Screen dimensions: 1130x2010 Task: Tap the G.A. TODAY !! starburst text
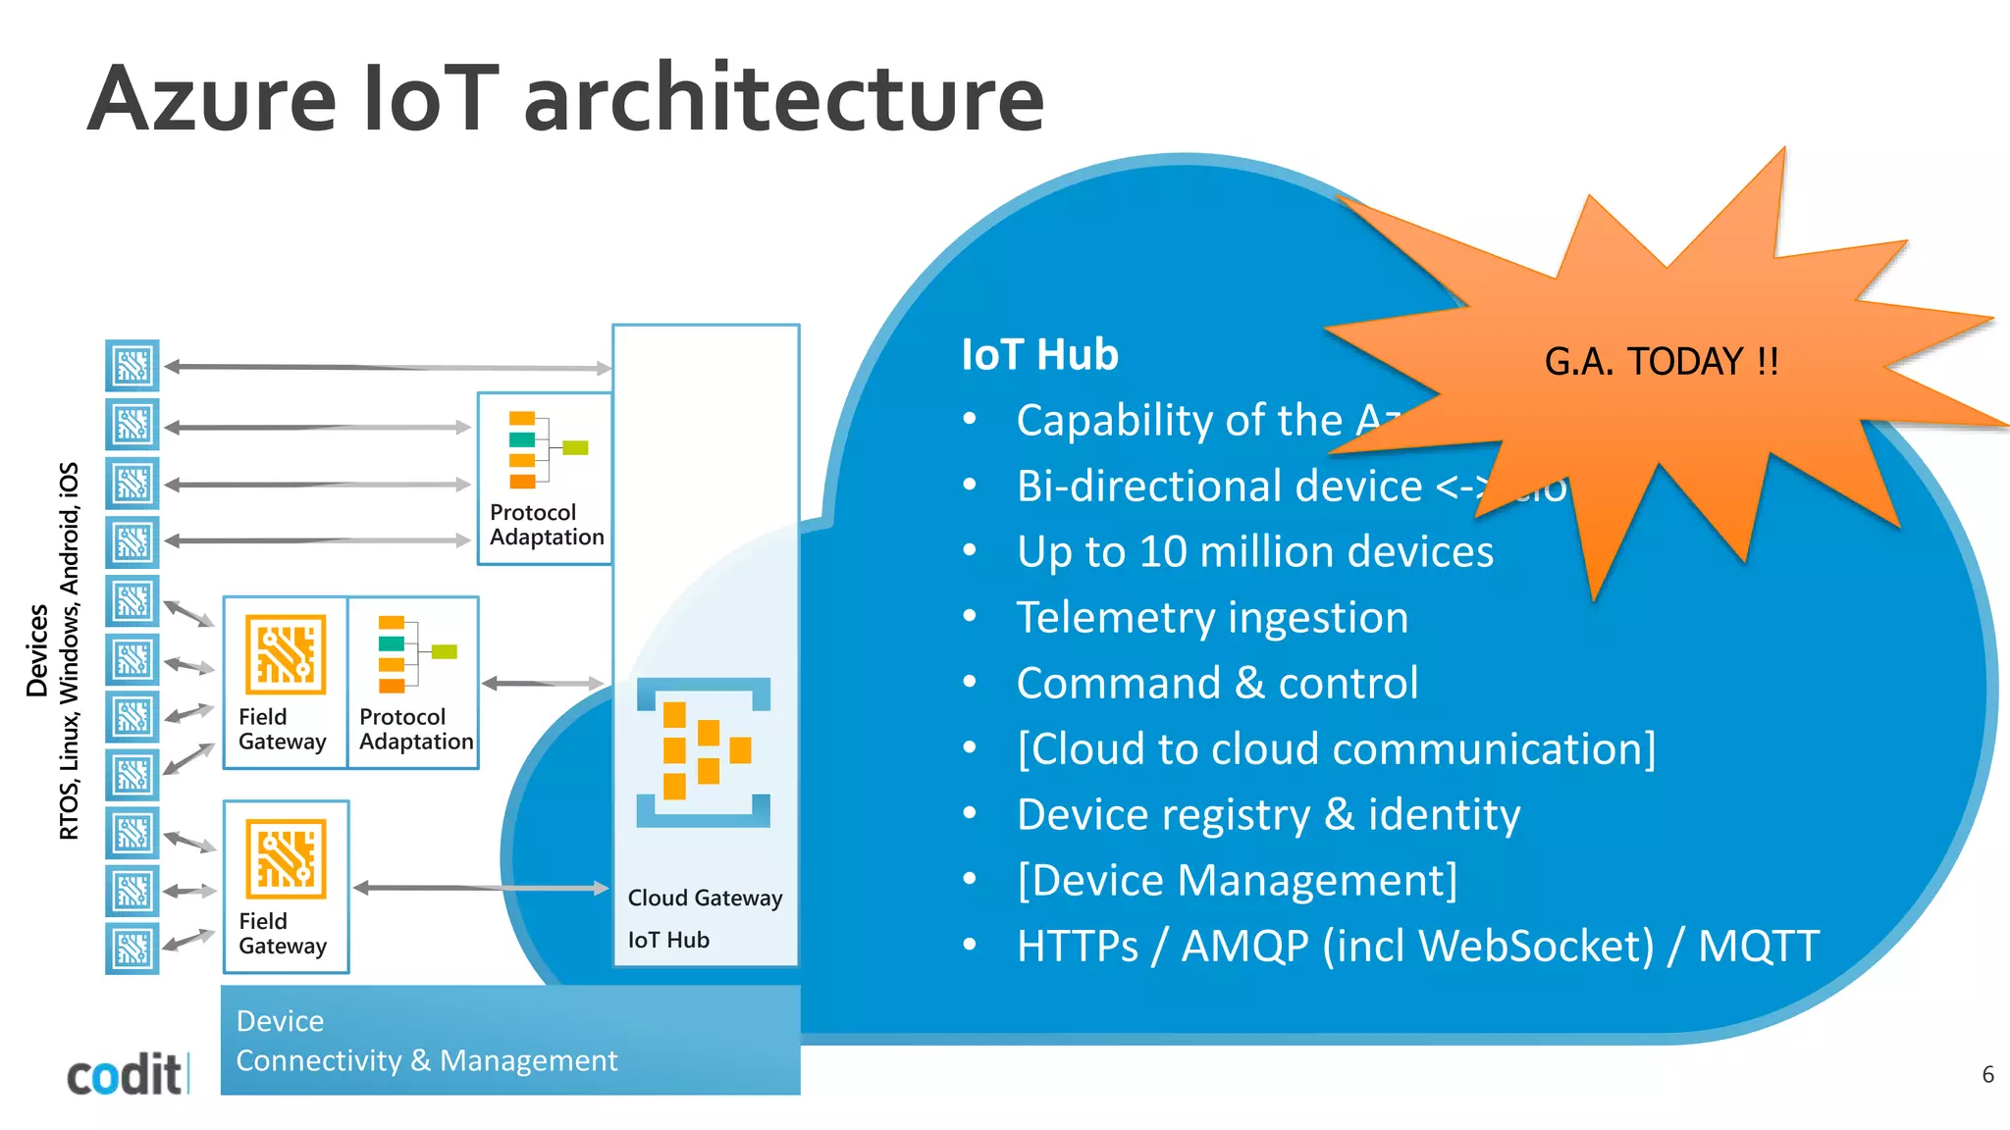[x=1661, y=362]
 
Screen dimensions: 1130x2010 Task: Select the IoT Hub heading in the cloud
[x=1039, y=354]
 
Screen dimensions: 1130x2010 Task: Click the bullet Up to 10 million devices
[x=1254, y=551]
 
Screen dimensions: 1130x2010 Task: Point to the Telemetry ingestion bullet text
[x=1212, y=617]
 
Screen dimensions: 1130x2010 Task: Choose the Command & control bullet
[x=1217, y=683]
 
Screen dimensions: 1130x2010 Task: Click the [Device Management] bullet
[x=1237, y=880]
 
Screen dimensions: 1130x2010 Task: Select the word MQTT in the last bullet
[x=1758, y=946]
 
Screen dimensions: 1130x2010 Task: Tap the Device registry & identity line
[x=1268, y=814]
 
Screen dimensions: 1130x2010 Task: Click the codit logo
[x=125, y=1075]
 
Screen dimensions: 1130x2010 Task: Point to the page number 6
[x=1987, y=1074]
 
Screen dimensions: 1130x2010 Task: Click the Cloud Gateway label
[x=705, y=898]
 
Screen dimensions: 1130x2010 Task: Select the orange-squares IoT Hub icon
[x=703, y=751]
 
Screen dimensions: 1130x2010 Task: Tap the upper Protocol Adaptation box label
[x=546, y=525]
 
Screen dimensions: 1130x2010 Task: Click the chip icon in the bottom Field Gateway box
[x=286, y=859]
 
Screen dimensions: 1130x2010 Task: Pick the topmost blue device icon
[x=132, y=366]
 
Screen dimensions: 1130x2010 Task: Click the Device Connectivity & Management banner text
[x=426, y=1041]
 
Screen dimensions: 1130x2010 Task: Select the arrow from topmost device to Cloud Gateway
[x=388, y=368]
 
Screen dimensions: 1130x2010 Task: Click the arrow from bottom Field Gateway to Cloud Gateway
[x=481, y=888]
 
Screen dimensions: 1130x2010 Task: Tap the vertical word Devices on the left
[x=37, y=650]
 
